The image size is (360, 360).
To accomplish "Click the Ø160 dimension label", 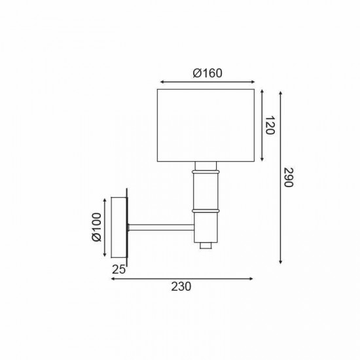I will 207,73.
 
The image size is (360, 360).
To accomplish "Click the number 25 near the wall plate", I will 118,269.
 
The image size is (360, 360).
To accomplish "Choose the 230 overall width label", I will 182,287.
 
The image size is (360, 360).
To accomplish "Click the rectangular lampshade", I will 206,125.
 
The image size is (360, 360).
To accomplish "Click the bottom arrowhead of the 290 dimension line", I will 280,262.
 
